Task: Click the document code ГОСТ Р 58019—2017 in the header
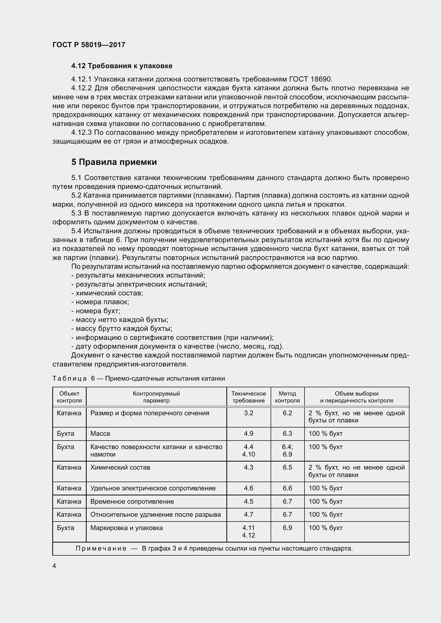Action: [x=89, y=45]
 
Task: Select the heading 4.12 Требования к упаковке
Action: [x=122, y=66]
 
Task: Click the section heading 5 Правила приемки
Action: [x=114, y=162]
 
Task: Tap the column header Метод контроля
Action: [x=287, y=397]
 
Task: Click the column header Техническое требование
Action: [x=248, y=397]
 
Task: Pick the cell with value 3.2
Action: [x=248, y=413]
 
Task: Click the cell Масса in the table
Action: [x=100, y=434]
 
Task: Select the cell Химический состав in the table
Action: [x=120, y=467]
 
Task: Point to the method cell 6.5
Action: [x=287, y=467]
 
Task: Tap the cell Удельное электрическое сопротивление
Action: [x=153, y=488]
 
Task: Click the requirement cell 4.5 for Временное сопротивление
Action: [x=248, y=502]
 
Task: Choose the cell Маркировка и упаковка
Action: [x=127, y=528]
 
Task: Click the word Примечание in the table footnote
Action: [x=101, y=548]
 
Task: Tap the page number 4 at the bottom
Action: [x=54, y=566]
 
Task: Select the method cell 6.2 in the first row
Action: [x=287, y=413]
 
